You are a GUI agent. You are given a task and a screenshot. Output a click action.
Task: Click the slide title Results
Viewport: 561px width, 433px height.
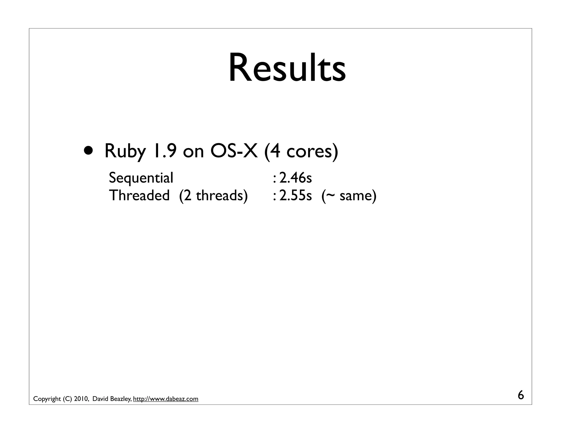coord(287,68)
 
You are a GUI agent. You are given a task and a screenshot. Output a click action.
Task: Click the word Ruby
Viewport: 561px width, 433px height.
coord(125,151)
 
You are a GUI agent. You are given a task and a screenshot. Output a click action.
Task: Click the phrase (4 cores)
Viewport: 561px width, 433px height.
coord(301,151)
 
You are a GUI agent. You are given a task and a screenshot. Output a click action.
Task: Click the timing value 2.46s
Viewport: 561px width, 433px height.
coord(295,178)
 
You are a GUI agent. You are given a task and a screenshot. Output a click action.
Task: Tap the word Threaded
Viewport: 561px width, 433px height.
coord(139,195)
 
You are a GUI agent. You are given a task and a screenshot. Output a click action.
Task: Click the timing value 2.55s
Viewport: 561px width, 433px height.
coord(295,195)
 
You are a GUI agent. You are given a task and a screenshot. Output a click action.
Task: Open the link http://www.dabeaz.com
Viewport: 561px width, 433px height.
coord(165,399)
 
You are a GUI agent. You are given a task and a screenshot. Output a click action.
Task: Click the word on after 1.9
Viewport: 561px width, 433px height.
coord(193,151)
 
